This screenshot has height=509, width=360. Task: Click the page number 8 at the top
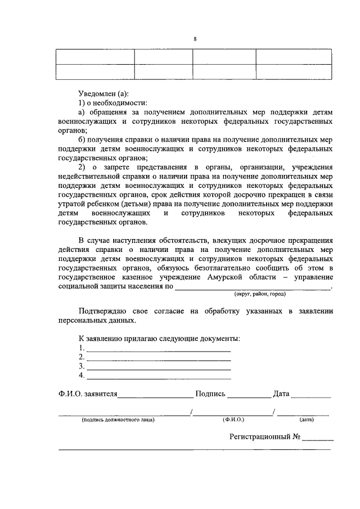click(x=195, y=39)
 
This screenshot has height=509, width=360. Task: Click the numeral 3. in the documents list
click(x=82, y=366)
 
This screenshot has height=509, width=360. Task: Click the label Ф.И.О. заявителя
click(x=87, y=394)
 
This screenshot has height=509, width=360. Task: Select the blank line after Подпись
click(x=249, y=395)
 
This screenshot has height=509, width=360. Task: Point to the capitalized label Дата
click(x=281, y=394)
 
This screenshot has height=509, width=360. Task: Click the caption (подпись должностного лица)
click(x=118, y=420)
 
